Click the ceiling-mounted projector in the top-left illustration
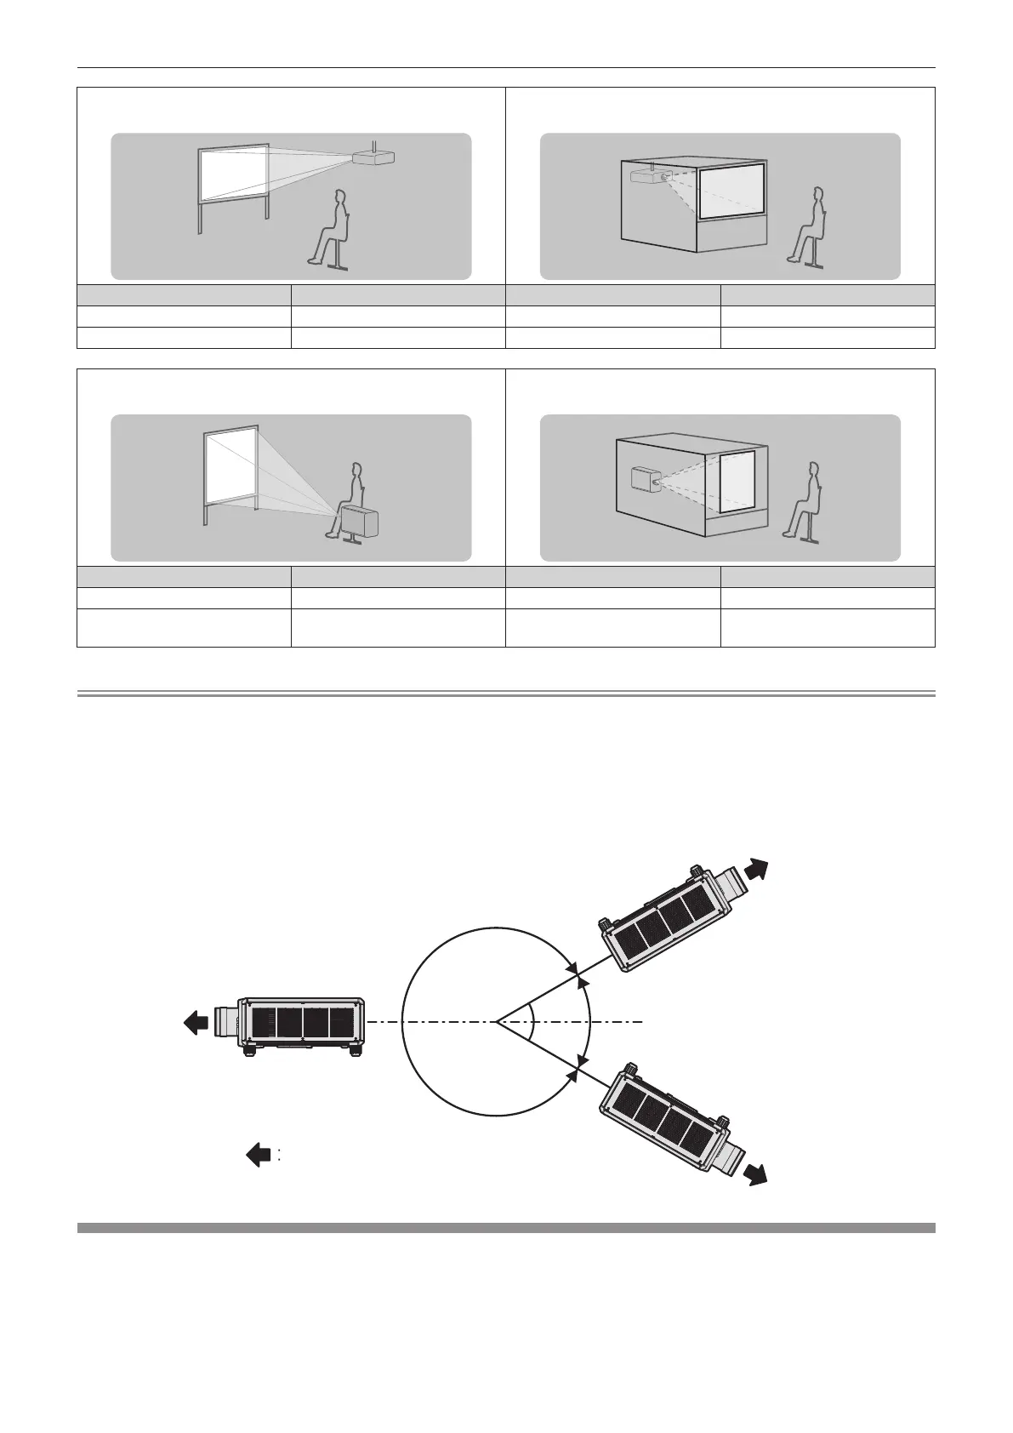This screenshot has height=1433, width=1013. (374, 157)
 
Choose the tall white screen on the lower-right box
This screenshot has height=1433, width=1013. (737, 481)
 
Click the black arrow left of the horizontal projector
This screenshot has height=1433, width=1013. (196, 1022)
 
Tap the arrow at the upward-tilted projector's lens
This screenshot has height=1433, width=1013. (756, 871)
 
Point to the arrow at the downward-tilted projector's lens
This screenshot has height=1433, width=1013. (756, 1173)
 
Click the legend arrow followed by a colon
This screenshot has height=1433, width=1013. (259, 1154)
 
